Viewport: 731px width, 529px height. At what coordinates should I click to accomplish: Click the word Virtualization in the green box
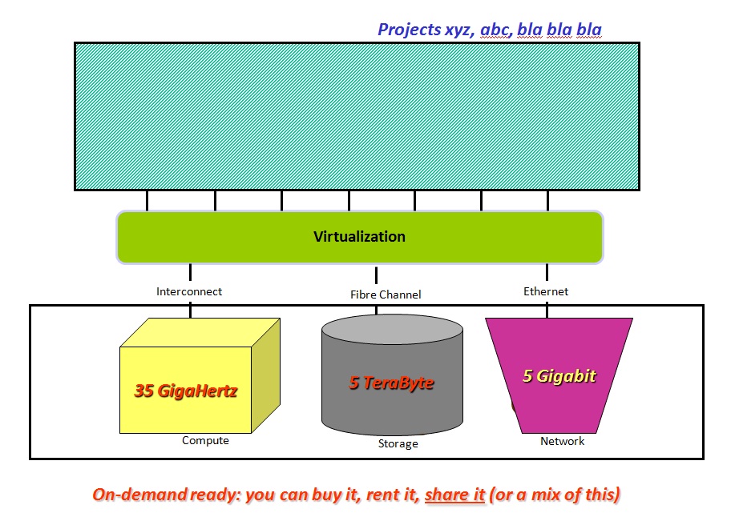click(359, 237)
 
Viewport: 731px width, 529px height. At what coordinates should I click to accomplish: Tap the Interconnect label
click(189, 291)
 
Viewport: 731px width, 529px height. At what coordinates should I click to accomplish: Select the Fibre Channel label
click(386, 295)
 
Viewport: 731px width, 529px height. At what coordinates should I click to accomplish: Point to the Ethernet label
click(546, 291)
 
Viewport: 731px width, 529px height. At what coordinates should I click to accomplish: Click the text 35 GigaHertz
click(185, 391)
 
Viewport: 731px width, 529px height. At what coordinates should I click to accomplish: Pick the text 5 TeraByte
click(391, 383)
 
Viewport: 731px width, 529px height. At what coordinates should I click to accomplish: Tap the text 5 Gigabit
click(559, 376)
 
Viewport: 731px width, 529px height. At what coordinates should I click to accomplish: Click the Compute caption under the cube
click(205, 440)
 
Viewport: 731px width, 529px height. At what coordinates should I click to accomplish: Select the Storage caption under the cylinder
click(398, 444)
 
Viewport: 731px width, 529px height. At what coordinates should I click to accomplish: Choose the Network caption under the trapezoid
click(562, 441)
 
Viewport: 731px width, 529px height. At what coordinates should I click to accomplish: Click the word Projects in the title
click(409, 30)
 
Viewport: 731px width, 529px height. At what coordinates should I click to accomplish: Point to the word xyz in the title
click(459, 30)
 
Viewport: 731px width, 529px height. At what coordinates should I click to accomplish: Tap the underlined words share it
click(454, 495)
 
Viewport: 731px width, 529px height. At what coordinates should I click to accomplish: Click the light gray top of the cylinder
click(392, 329)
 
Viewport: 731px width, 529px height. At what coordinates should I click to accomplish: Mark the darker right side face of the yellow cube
click(266, 375)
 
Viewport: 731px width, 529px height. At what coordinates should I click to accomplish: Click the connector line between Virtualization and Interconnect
click(190, 272)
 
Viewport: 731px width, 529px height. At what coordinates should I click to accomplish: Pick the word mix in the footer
click(547, 495)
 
